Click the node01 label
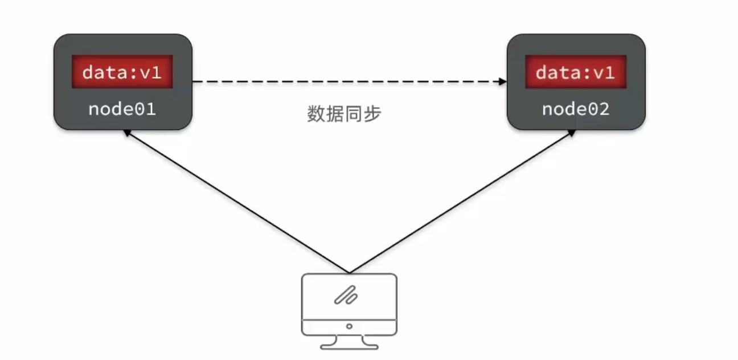tap(122, 109)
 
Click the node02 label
tap(575, 109)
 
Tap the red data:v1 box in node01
tap(122, 72)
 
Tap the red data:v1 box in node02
tap(575, 72)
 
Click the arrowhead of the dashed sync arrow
tap(503, 82)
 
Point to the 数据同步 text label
tap(344, 114)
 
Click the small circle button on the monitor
tap(349, 326)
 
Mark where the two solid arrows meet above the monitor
tap(349, 272)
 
